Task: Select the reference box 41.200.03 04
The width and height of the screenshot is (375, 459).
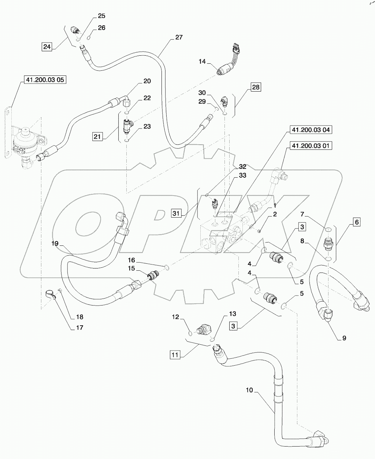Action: click(311, 130)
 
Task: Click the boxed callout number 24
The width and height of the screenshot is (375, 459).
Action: click(47, 47)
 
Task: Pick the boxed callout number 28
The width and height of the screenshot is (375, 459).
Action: click(256, 87)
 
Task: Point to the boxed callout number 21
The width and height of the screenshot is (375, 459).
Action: click(97, 137)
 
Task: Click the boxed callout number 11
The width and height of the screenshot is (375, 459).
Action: click(175, 354)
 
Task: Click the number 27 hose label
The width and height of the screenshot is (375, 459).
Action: click(179, 37)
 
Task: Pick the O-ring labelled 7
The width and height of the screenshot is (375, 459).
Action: click(328, 230)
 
